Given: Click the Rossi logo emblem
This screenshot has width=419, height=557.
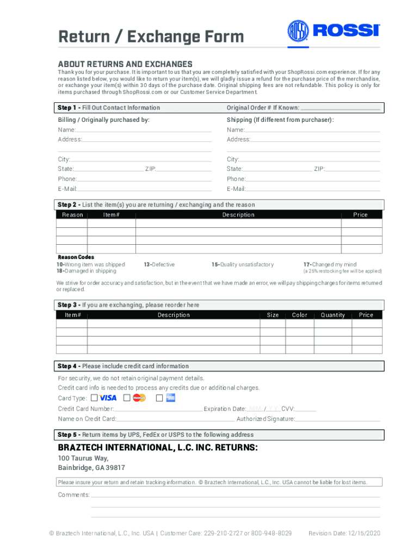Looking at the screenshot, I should coord(298,30).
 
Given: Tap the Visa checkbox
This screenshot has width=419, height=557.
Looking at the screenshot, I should coord(95,398).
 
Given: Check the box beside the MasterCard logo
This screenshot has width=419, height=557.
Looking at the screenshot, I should coord(127,398).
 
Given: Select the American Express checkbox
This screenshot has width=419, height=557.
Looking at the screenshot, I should coord(159,398).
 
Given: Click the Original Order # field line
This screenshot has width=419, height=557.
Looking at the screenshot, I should coord(340,109).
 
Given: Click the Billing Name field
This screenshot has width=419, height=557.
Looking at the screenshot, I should coord(144,131).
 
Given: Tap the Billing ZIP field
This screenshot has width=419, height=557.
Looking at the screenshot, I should coord(184,170).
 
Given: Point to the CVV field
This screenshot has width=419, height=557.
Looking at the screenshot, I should coord(306,410).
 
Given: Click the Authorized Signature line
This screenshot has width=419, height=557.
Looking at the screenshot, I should coord(337,420).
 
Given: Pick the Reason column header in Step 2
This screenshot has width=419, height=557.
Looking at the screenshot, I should coord(72,215).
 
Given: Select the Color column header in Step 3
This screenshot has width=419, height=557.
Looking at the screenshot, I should coord(299,315).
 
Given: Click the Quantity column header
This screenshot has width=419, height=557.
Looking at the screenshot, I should coord(332,315).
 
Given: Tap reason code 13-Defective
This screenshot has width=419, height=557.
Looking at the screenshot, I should coord(159,264).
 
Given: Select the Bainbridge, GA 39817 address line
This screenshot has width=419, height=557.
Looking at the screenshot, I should coord(91,468).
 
